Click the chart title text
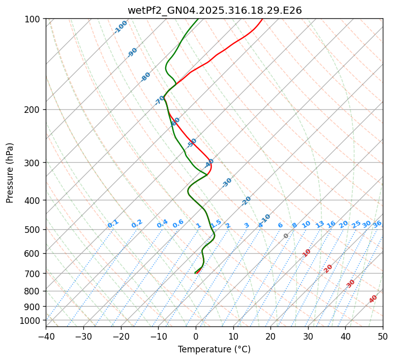pyautogui.click(x=214, y=10)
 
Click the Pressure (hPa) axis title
pyautogui.click(x=10, y=172)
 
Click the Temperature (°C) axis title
pyautogui.click(x=214, y=350)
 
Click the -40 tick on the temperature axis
pyautogui.click(x=46, y=336)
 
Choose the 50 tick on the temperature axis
pyautogui.click(x=383, y=336)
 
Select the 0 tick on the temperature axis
pyautogui.click(x=196, y=336)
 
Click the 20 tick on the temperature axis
pyautogui.click(x=270, y=336)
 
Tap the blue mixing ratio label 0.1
pyautogui.click(x=113, y=224)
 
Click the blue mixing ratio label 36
pyautogui.click(x=377, y=224)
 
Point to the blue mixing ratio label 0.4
pyautogui.click(x=162, y=224)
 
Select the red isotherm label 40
pyautogui.click(x=373, y=299)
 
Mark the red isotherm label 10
pyautogui.click(x=307, y=253)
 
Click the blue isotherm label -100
pyautogui.click(x=120, y=27)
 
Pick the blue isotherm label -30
pyautogui.click(x=227, y=183)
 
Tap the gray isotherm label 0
pyautogui.click(x=286, y=236)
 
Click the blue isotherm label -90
pyautogui.click(x=133, y=52)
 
